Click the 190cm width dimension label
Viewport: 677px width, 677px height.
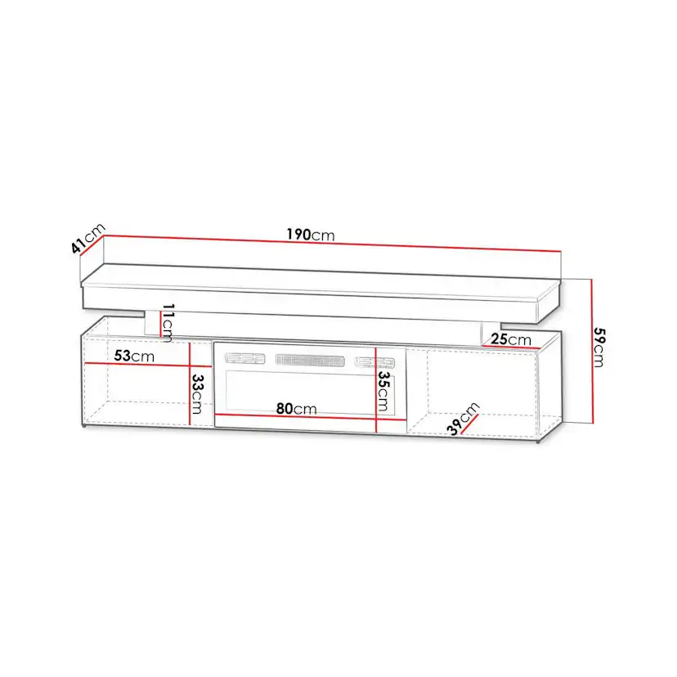point(311,235)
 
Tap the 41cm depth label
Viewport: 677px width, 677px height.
point(88,238)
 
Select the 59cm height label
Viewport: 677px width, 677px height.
point(599,347)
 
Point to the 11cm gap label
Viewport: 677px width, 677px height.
point(168,322)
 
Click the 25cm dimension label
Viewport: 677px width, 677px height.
point(511,339)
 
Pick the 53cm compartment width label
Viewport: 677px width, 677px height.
point(134,356)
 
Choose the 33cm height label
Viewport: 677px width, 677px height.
point(197,393)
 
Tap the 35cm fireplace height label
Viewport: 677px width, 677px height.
point(383,391)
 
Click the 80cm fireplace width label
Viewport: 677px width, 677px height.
point(296,409)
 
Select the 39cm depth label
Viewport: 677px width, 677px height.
point(463,419)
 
